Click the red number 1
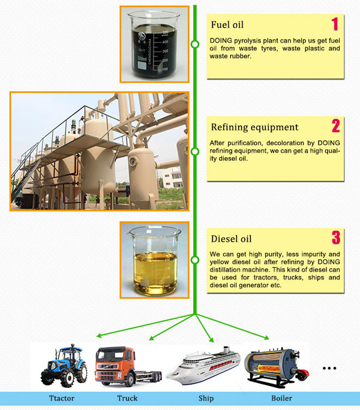pos(335,24)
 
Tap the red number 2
pos(336,126)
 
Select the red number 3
pos(336,237)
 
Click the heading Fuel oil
pos(227,25)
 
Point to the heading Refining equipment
pos(255,127)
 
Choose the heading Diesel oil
pos(231,239)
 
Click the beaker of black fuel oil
pos(154,44)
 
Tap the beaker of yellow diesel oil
pos(155,261)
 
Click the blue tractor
pos(64,366)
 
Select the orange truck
pos(128,366)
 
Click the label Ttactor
pos(62,398)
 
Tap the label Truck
pos(127,398)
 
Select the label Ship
pos(206,398)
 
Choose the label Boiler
pos(281,398)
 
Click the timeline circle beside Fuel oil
pos(195,44)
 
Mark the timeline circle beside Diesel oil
pos(195,260)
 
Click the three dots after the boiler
pos(329,368)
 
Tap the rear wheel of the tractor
pos(81,372)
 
